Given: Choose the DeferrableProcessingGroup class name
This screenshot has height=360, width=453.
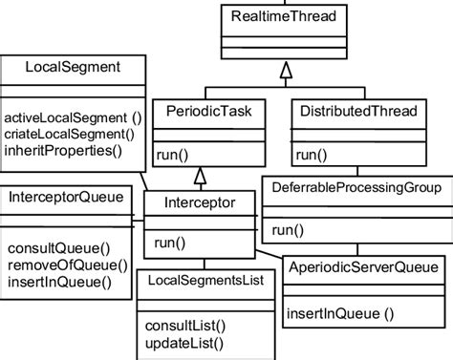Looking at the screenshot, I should point(356,188).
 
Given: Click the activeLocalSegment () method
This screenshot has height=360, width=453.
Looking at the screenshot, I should point(73,117).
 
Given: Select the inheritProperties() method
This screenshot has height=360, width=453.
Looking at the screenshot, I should point(64,150).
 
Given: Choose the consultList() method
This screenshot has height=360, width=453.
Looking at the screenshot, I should point(184,327).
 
